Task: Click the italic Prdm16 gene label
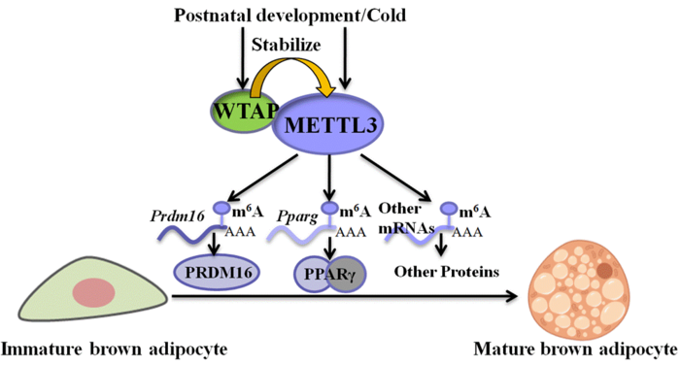172,210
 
